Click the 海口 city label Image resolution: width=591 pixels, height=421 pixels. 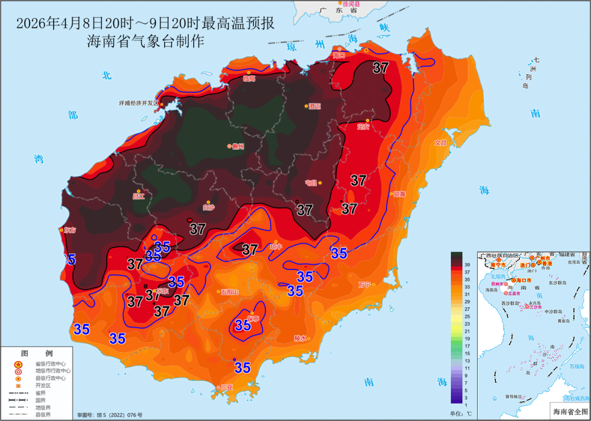coord(339,55)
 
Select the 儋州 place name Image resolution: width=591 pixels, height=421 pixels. coord(237,146)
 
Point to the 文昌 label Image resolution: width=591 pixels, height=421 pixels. coord(441,143)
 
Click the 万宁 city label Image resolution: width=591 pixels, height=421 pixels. coord(364,284)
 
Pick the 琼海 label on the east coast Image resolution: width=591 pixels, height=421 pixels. coord(399,194)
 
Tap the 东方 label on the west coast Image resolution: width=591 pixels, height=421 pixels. coord(69,230)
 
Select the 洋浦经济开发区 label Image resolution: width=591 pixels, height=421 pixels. coord(138,103)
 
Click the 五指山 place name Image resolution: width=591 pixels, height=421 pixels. coord(229,292)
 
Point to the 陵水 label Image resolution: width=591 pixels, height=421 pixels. coord(300,338)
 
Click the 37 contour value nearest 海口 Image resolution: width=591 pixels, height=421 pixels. coord(380,68)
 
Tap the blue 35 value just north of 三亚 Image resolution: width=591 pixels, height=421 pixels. coord(242,367)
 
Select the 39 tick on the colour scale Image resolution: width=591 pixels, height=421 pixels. coord(467,264)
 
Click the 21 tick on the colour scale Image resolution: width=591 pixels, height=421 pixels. coord(467,331)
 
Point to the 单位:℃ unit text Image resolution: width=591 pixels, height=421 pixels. coord(461,414)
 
